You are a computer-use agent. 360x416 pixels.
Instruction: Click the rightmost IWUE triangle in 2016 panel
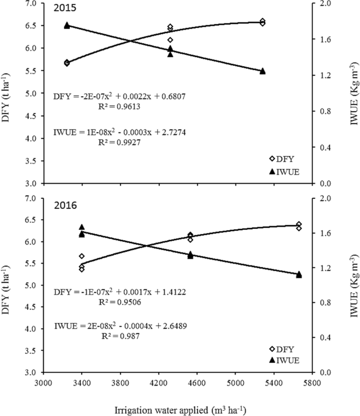click(x=299, y=274)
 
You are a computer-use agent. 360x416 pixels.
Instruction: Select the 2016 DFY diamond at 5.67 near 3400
click(x=81, y=256)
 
